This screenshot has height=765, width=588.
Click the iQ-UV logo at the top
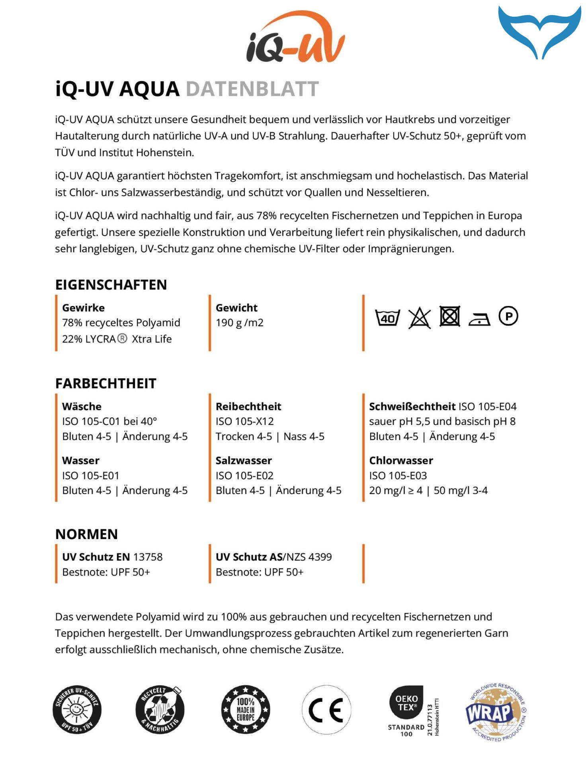[295, 38]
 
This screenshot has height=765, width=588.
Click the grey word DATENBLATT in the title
[252, 89]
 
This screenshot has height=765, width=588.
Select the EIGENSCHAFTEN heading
[111, 285]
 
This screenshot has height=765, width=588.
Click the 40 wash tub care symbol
[387, 318]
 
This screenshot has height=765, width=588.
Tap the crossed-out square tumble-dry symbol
[449, 317]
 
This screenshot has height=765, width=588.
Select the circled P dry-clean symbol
[508, 316]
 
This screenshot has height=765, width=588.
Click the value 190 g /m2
[239, 323]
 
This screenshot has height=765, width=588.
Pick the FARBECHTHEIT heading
[106, 383]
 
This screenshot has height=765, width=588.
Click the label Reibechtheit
[248, 406]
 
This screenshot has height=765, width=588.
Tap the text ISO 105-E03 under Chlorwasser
[398, 475]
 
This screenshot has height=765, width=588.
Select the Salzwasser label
[244, 461]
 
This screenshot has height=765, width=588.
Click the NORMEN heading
[86, 534]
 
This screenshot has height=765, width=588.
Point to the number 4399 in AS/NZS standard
[320, 557]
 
